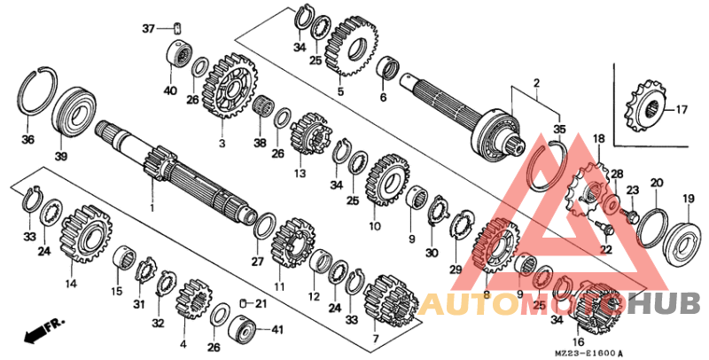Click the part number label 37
click(147, 28)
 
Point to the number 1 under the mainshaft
click(152, 207)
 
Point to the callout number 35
click(557, 129)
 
